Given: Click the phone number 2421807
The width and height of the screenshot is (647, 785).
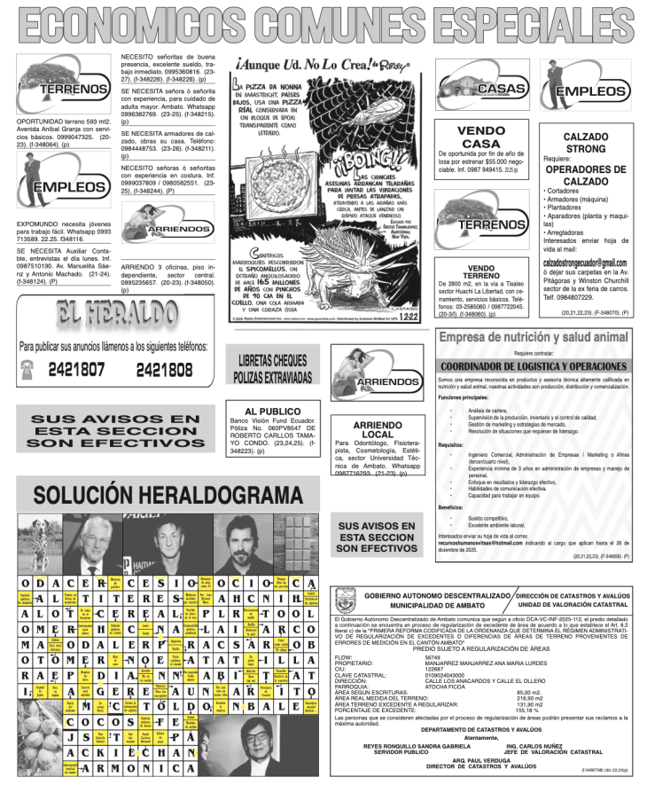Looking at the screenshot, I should pos(76,370).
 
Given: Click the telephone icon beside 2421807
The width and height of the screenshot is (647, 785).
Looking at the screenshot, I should pos(28,370).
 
